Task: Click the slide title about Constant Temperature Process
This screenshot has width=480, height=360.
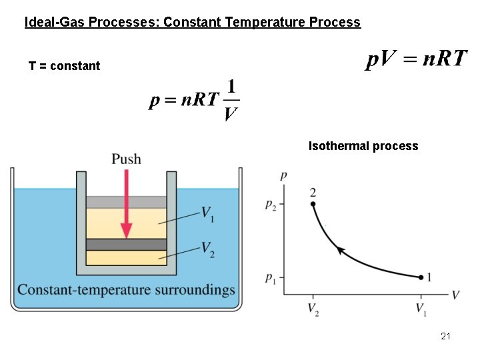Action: click(192, 23)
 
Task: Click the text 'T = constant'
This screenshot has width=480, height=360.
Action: click(65, 66)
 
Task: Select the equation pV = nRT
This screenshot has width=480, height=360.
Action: click(417, 59)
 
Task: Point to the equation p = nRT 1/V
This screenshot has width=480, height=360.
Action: click(194, 100)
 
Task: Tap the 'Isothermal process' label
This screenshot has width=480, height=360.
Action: click(363, 146)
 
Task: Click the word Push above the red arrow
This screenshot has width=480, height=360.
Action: click(126, 159)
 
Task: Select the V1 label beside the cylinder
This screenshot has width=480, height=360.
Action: click(208, 213)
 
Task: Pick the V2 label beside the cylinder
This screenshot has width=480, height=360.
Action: click(208, 248)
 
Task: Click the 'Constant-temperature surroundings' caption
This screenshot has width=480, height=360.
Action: click(127, 290)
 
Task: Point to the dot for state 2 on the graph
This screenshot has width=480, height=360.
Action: click(313, 204)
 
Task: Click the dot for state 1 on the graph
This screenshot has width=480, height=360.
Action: click(421, 277)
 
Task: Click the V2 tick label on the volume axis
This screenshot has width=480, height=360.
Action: click(313, 309)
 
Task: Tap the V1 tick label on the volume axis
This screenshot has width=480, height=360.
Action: click(421, 309)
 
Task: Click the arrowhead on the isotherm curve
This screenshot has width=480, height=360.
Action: click(341, 250)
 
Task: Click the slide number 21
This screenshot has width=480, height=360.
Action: click(445, 336)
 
